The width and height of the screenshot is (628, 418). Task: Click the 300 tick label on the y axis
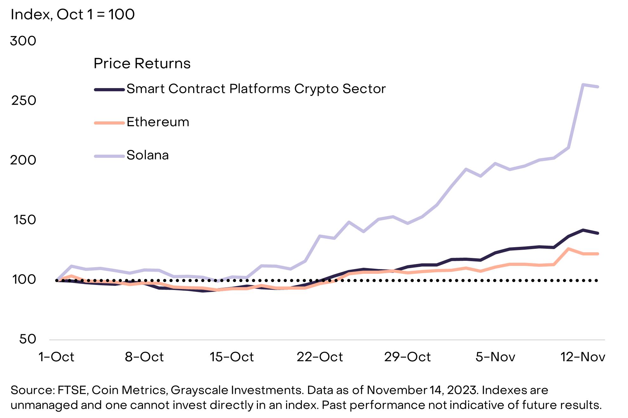pos(23,41)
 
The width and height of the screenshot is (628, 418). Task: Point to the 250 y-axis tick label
pos(24,100)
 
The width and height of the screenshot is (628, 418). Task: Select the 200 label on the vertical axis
pos(23,160)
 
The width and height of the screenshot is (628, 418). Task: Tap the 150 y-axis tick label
pos(24,220)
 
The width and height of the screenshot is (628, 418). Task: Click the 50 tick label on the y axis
pos(28,339)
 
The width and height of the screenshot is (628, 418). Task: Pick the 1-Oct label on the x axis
pos(56,357)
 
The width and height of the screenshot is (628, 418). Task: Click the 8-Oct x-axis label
pos(144,357)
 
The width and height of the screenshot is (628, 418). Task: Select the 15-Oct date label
pos(232,357)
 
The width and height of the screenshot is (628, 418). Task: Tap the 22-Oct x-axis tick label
pos(320,357)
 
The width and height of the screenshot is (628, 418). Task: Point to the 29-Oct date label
pos(408,357)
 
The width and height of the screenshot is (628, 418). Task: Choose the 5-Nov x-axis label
pos(495,357)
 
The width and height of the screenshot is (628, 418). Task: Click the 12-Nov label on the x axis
pos(583,357)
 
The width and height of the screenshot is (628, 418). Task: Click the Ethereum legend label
pos(158,122)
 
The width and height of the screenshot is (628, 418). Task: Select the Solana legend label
pos(148,155)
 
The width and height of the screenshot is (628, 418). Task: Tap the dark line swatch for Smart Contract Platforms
pos(109,90)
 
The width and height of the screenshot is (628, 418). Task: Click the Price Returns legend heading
pos(142,63)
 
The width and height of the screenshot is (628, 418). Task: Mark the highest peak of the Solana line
pos(583,85)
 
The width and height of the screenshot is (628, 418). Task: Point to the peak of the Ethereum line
pos(568,249)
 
